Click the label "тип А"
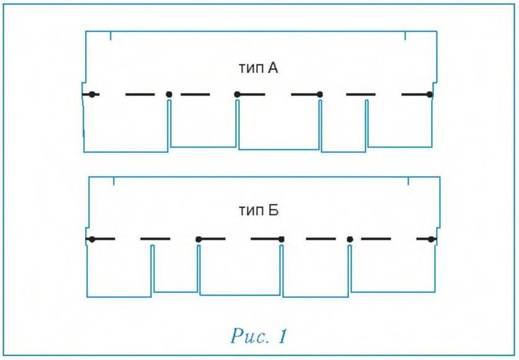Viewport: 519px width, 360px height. tap(258, 68)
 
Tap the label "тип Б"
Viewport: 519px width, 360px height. tap(259, 211)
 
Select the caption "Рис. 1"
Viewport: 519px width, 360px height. tap(259, 336)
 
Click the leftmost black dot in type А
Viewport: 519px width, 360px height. tap(92, 95)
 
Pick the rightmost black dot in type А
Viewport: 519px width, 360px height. tap(430, 95)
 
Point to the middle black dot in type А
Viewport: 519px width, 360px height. tap(237, 95)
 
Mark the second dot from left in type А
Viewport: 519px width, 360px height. tap(169, 95)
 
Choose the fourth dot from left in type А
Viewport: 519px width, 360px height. tap(320, 95)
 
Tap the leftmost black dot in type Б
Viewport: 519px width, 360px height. tap(92, 239)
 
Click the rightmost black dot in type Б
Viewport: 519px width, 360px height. tap(430, 239)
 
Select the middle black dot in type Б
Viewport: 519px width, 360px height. tap(282, 239)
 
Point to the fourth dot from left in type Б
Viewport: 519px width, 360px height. tap(350, 239)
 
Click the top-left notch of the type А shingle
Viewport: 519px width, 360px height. tap(110, 36)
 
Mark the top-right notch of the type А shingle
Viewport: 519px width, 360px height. tap(406, 36)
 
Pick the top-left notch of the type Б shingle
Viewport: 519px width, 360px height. tap(114, 181)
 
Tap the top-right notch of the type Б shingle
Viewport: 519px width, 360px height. tap(409, 181)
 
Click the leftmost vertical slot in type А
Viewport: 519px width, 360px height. tap(169, 125)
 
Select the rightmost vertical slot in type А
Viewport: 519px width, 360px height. tap(366, 125)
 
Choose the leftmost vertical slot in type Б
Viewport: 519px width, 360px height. tap(153, 270)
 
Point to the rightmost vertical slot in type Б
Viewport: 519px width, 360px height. tap(350, 270)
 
